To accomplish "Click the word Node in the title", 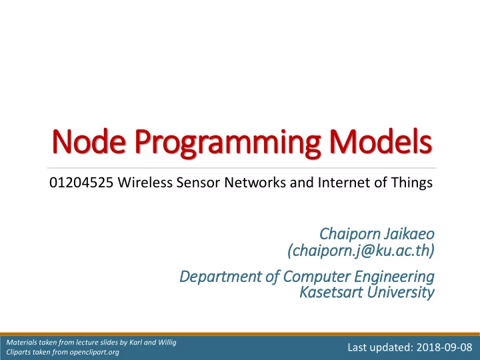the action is [89, 141].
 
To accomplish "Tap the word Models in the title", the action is [381, 141].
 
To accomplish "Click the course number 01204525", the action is [81, 183].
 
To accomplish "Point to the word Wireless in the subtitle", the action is [145, 183].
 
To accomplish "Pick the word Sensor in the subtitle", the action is [198, 183].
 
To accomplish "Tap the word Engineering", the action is [394, 277].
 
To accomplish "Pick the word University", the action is [401, 293].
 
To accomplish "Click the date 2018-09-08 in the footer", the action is [444, 347].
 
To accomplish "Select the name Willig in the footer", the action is [167, 343].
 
